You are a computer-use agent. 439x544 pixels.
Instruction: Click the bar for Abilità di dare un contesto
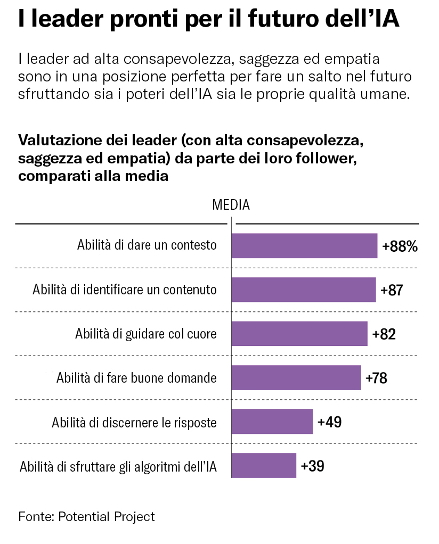click(x=304, y=245)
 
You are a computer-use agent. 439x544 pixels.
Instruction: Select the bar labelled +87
click(x=304, y=290)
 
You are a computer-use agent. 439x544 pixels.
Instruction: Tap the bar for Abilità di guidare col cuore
click(x=299, y=334)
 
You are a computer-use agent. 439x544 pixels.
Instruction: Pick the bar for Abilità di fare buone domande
click(x=296, y=378)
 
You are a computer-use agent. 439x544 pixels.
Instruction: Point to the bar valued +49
click(x=272, y=422)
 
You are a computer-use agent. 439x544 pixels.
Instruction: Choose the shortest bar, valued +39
click(x=264, y=466)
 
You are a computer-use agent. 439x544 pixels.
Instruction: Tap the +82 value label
click(x=384, y=334)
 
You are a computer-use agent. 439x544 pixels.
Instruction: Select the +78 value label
click(x=376, y=378)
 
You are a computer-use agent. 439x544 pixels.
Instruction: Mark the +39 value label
click(x=312, y=466)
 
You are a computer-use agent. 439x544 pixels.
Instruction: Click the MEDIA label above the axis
click(x=231, y=204)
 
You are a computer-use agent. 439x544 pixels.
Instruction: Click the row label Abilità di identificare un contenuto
click(x=125, y=290)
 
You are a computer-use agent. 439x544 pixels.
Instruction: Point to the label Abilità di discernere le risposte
click(x=134, y=423)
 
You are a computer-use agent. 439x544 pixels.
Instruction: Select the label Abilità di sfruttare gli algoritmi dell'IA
click(x=118, y=467)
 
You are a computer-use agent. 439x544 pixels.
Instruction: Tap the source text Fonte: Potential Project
click(x=86, y=516)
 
